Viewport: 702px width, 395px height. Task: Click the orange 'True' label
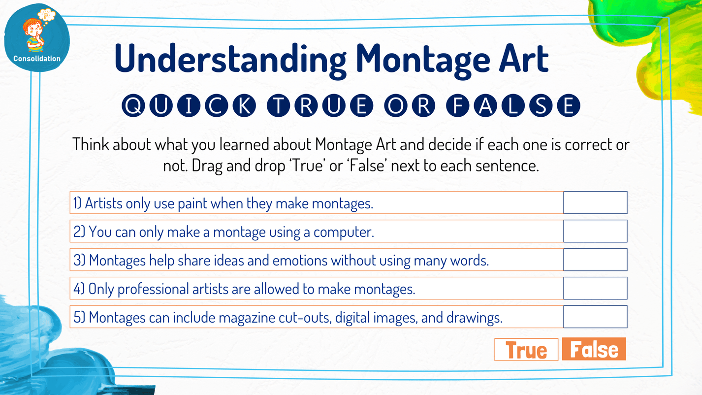pyautogui.click(x=526, y=350)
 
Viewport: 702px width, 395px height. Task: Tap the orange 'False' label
pyautogui.click(x=594, y=349)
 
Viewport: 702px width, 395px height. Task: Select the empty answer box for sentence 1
pyautogui.click(x=595, y=202)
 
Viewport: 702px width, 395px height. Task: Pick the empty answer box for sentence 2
pyautogui.click(x=595, y=231)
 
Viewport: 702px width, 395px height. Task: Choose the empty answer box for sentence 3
pyautogui.click(x=595, y=260)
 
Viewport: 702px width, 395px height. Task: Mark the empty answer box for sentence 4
pyautogui.click(x=595, y=288)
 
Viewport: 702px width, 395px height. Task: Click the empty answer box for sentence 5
pyautogui.click(x=595, y=317)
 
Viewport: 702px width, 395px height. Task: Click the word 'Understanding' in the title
pyautogui.click(x=230, y=58)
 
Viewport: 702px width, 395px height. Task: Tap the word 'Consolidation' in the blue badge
pyautogui.click(x=37, y=59)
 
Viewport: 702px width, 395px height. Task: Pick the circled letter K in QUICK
pyautogui.click(x=244, y=106)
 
